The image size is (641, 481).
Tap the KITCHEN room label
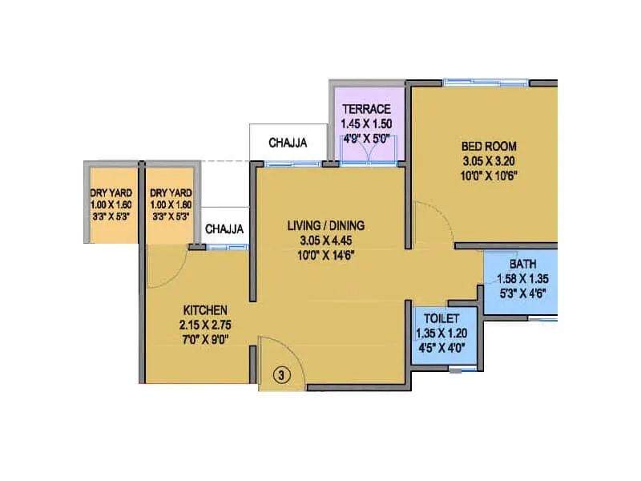206,309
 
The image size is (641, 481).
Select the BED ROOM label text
489,146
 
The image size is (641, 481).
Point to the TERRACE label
366,109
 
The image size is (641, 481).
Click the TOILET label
436,317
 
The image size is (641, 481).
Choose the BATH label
522,264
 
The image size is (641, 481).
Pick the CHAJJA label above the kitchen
224,229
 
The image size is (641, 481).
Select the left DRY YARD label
111,192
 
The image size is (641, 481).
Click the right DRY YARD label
171,192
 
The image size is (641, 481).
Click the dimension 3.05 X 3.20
489,160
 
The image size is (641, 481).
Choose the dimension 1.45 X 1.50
366,123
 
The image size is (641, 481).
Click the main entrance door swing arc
272,353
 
